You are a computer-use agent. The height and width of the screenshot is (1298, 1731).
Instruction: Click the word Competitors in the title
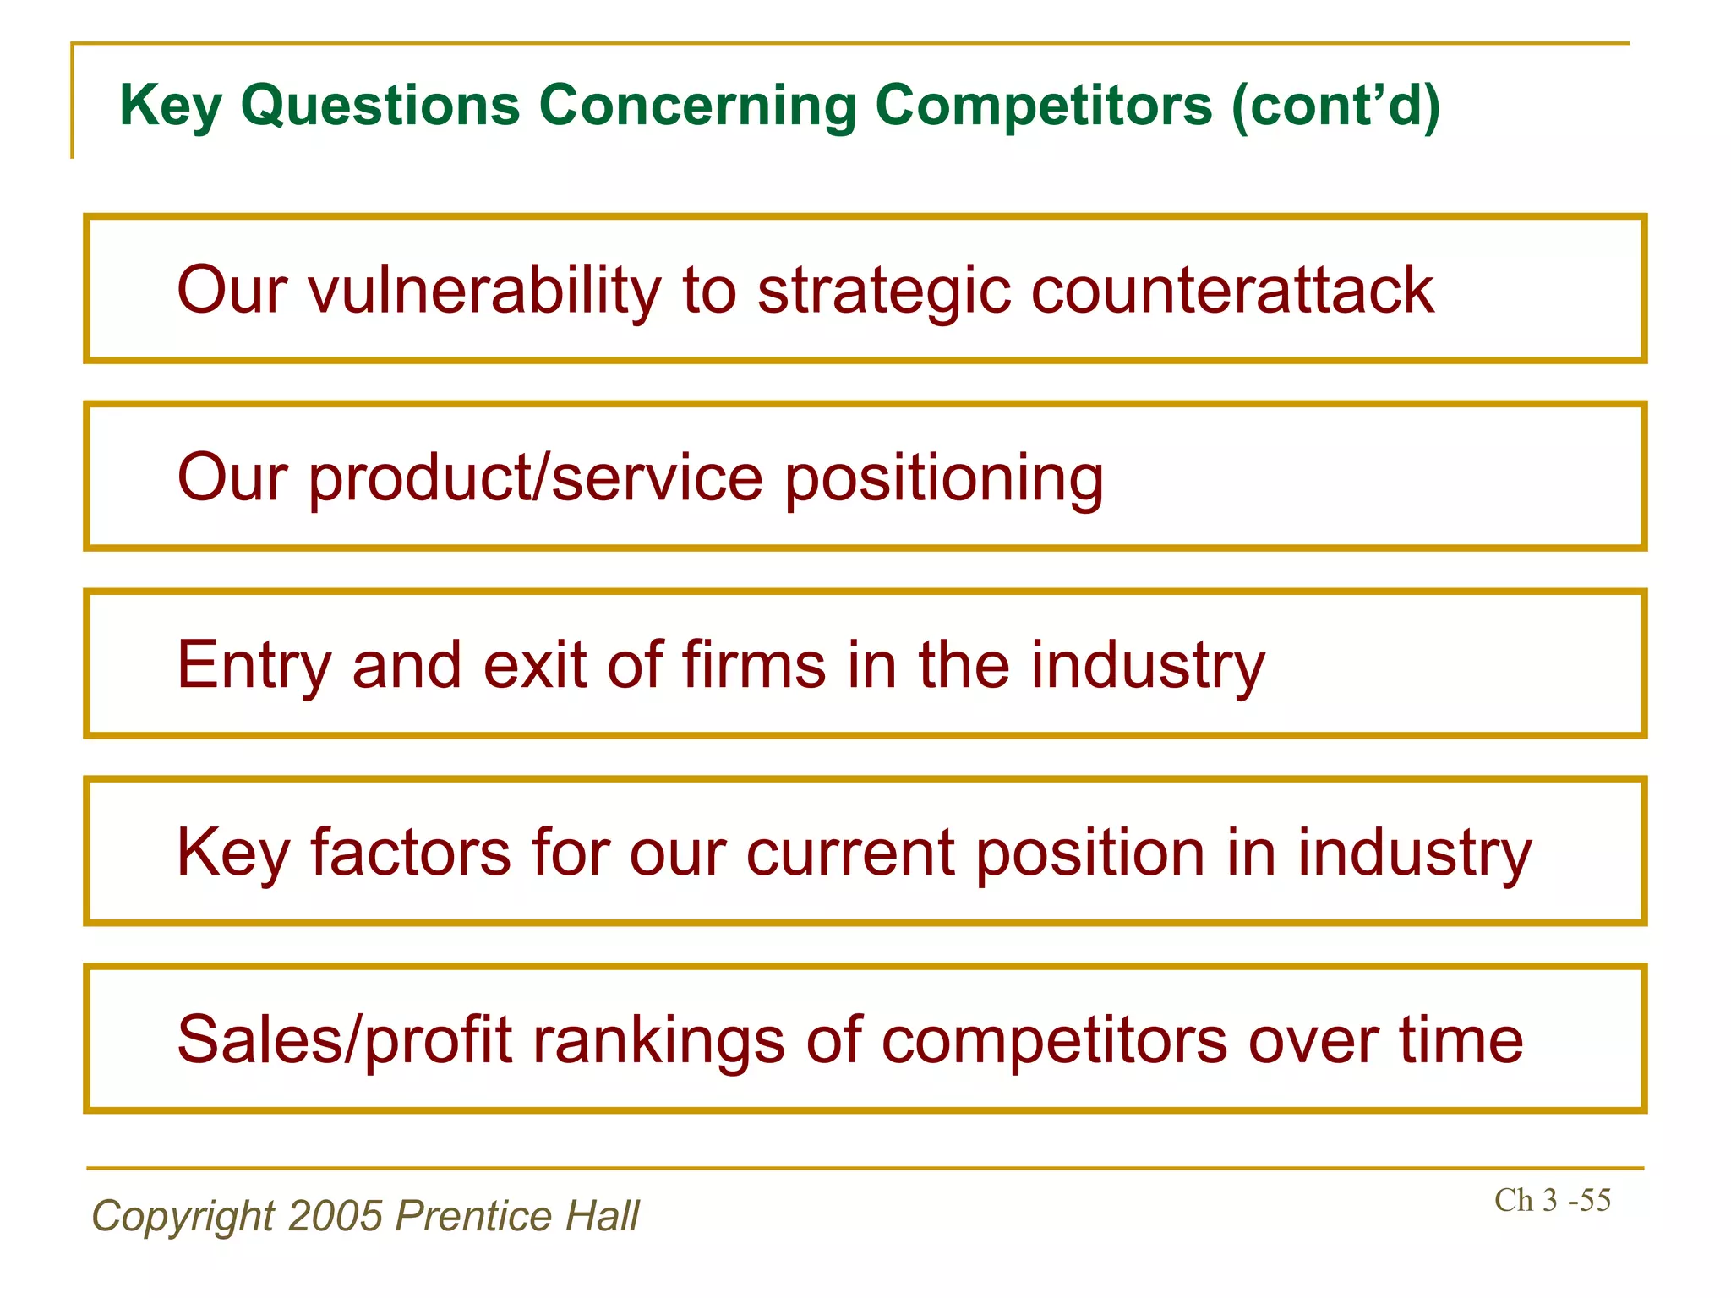coord(1044,106)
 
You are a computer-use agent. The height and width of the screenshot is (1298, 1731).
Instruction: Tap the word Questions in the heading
coord(380,106)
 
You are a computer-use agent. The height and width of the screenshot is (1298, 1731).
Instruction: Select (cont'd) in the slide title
coord(1335,106)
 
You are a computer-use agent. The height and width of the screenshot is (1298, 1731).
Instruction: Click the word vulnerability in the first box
coord(483,290)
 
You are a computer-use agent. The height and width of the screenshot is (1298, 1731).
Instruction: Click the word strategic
coord(883,290)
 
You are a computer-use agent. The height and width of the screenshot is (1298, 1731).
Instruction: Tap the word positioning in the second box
coord(944,477)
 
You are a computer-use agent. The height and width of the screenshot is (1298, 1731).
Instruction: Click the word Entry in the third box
coord(254,665)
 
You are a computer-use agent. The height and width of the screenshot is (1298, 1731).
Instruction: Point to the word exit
coord(534,665)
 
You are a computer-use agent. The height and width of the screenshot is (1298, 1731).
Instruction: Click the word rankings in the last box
coord(658,1039)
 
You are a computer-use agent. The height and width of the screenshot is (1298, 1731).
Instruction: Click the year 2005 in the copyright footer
coord(336,1216)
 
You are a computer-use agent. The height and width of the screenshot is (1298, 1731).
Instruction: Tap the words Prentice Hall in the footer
coord(517,1216)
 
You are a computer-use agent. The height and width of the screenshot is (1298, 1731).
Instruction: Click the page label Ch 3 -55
coord(1552,1200)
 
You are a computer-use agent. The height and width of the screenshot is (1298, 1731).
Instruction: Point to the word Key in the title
coord(170,106)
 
